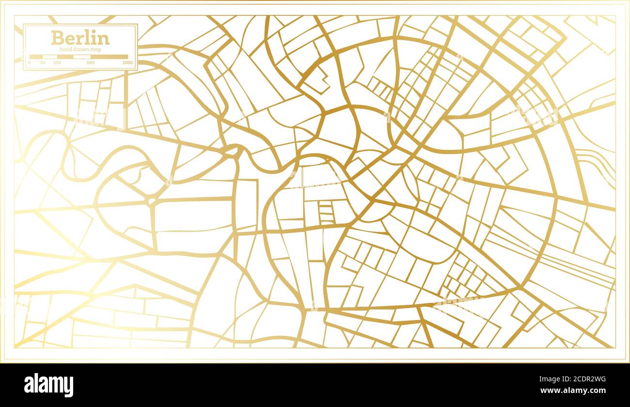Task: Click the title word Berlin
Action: pos(80,38)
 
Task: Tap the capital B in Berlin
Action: pos(57,38)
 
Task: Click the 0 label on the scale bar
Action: pos(30,63)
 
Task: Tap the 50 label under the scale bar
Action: pos(43,63)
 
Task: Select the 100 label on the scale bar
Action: pos(57,63)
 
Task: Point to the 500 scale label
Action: pos(91,63)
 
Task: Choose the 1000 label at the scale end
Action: pos(127,63)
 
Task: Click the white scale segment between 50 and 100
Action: pos(50,57)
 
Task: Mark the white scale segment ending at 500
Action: pos(82,57)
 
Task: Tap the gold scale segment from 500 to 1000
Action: pos(109,57)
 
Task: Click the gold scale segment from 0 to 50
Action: pos(36,57)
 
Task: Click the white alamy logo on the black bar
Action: pos(48,385)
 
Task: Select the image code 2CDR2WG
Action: pos(583,379)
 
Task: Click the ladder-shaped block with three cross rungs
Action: pos(326,212)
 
